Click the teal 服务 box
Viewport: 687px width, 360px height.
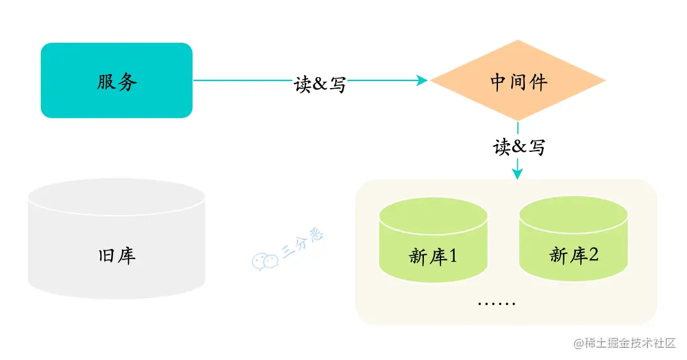click(x=116, y=80)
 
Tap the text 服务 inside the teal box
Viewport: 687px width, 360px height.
click(x=117, y=82)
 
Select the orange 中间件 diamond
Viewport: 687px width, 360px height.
click(x=518, y=80)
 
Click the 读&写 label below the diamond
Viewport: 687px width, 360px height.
click(x=518, y=147)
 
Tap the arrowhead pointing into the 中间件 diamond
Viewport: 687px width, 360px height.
click(x=422, y=80)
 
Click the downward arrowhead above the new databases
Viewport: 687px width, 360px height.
click(x=518, y=172)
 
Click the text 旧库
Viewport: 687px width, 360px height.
click(x=117, y=256)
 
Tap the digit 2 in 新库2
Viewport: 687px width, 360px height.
click(x=593, y=255)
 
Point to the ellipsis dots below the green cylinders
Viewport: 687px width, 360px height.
click(x=497, y=302)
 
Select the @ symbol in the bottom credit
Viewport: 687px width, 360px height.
click(x=579, y=343)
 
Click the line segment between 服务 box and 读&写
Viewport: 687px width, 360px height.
click(x=243, y=80)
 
